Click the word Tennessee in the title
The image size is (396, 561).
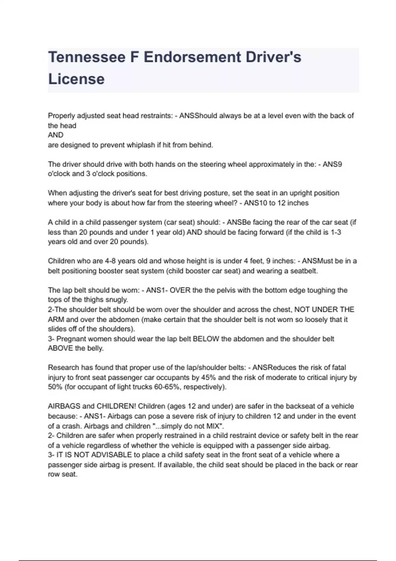pos(86,57)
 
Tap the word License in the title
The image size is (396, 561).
pos(76,79)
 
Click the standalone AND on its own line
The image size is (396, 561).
pos(55,135)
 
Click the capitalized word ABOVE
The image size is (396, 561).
pos(60,348)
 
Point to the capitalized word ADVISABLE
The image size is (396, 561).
pos(112,455)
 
